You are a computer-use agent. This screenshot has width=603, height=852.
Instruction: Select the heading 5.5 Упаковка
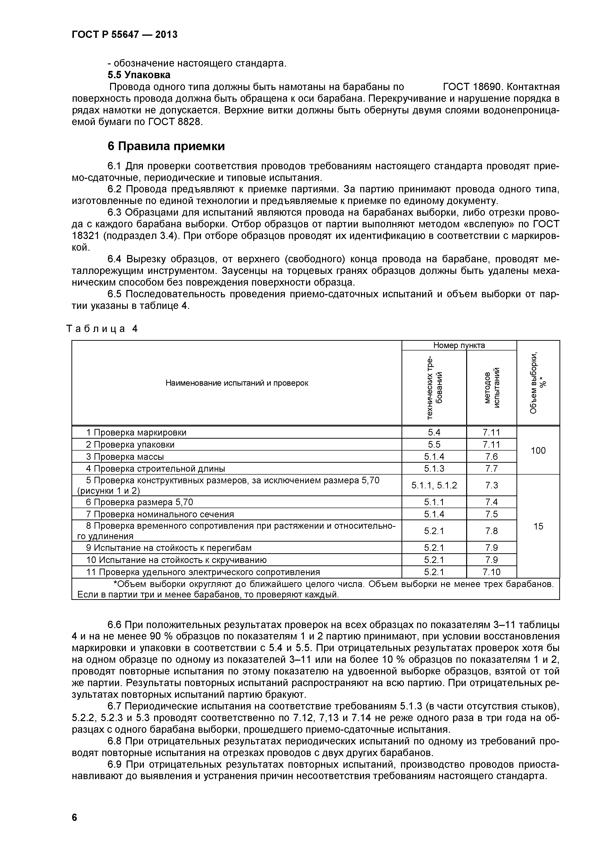(139, 75)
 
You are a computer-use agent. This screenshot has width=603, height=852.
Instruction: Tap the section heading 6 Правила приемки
(166, 146)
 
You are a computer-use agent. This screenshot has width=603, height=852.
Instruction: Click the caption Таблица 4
(102, 328)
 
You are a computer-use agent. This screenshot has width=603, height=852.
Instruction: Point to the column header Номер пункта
(459, 345)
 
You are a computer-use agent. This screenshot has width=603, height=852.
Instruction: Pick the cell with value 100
(538, 451)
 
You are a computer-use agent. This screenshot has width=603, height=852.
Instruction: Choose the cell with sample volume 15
(538, 526)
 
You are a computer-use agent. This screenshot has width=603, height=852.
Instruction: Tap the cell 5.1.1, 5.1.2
(434, 485)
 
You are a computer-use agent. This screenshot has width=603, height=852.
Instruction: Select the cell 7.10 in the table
(491, 572)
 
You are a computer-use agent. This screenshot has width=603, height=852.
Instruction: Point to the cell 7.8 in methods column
(491, 531)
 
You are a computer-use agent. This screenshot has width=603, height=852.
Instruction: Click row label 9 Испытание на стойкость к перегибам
(169, 548)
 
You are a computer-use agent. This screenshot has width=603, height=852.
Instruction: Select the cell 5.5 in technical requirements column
(434, 444)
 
